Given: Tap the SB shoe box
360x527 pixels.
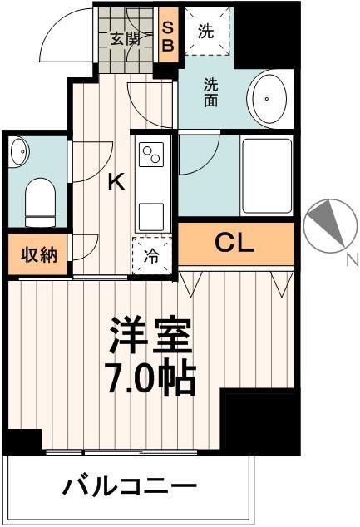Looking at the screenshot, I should point(167,37).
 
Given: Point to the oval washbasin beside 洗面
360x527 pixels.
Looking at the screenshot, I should point(267,99).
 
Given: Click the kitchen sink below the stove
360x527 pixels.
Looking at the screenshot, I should point(152,214).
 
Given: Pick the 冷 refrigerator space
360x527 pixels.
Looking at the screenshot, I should point(153,256).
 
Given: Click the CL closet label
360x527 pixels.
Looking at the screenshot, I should point(234,243).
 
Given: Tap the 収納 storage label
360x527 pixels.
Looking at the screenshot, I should point(38,254).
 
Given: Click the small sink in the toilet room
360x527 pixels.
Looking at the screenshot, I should point(20,151).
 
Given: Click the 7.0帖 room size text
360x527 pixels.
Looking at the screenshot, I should point(152,380).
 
